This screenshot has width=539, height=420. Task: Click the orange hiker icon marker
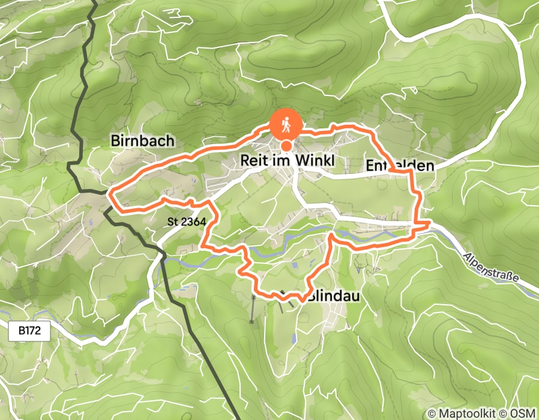pyautogui.click(x=286, y=124)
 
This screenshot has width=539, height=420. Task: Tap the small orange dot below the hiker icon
pyautogui.click(x=287, y=146)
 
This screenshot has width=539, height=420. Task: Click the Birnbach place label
pyautogui.click(x=142, y=141)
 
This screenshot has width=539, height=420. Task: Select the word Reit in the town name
pyautogui.click(x=252, y=161)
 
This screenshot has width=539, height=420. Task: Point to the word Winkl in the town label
pyautogui.click(x=312, y=161)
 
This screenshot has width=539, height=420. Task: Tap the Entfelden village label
pyautogui.click(x=399, y=166)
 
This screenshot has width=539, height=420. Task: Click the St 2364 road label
pyautogui.click(x=187, y=222)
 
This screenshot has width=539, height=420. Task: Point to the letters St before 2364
pyautogui.click(x=173, y=222)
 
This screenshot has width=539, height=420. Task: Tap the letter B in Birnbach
pyautogui.click(x=115, y=141)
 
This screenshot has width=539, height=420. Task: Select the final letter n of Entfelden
pyautogui.click(x=429, y=166)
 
